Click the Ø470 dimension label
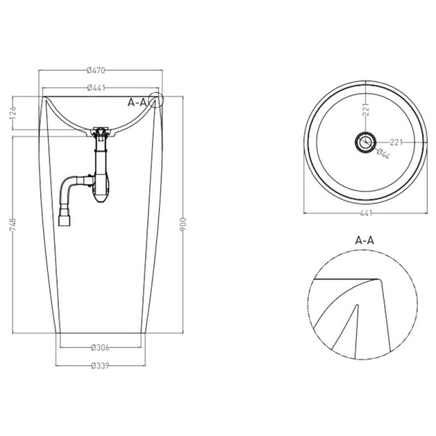point(96,70)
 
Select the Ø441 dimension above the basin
point(96,88)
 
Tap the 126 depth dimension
point(13,113)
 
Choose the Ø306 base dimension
point(100,347)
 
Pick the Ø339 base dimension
point(100,366)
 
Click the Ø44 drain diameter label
point(383,153)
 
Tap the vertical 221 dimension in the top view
point(366,110)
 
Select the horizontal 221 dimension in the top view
point(396,142)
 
